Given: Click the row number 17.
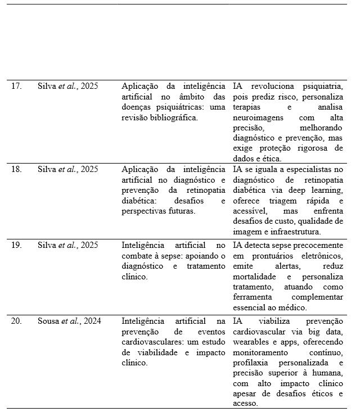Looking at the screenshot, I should coord(17,87).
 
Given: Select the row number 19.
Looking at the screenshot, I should coord(17,245).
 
